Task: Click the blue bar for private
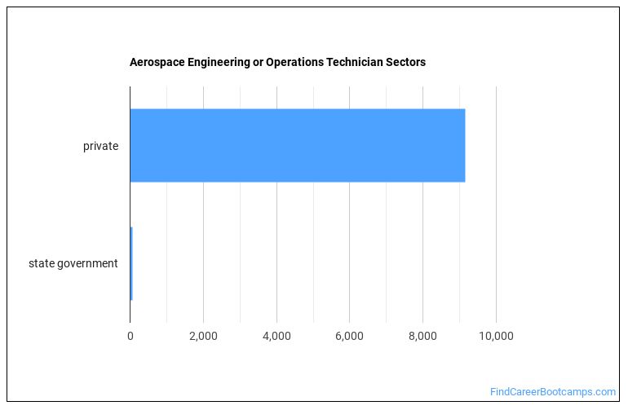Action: [297, 145]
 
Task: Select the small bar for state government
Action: [131, 263]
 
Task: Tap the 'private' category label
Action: [100, 147]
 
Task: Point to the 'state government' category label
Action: [73, 263]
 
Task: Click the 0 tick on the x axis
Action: [130, 335]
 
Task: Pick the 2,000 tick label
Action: [203, 335]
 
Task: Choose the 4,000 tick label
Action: [276, 335]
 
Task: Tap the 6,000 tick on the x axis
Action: [349, 335]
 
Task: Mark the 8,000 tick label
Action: [422, 335]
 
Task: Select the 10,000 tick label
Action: [496, 335]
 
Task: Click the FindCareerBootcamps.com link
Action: [553, 392]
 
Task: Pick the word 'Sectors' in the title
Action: [405, 62]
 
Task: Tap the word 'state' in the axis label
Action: [41, 263]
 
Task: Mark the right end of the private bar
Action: [464, 145]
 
